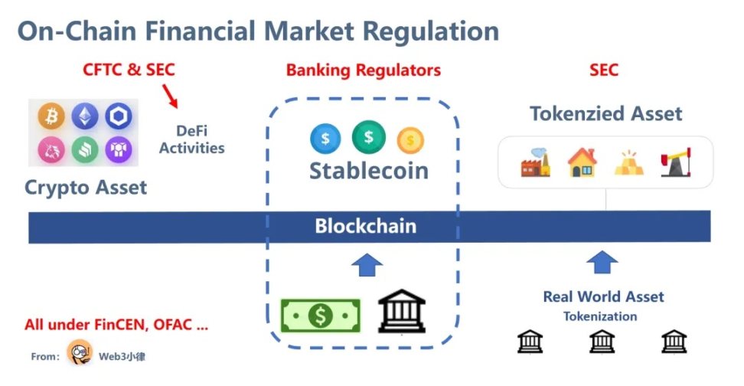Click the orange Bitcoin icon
tap(51, 116)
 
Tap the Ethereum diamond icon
tap(85, 116)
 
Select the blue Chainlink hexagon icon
tap(119, 116)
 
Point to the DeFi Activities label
tap(191, 139)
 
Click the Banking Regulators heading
tap(364, 70)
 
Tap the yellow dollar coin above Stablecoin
tap(410, 140)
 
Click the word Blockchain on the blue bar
tap(366, 227)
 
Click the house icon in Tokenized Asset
tap(582, 162)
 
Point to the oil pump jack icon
tap(674, 162)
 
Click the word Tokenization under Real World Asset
tap(600, 316)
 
